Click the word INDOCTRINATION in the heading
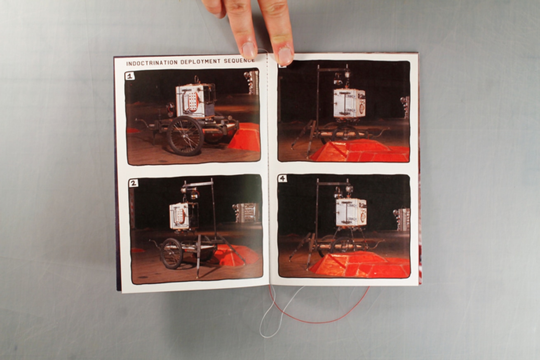coord(152,63)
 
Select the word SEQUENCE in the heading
coord(239,61)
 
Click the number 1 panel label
coord(130,76)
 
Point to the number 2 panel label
coord(133,183)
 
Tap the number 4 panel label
coord(282,178)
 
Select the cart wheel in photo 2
coord(171,253)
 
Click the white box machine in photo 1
coord(195,101)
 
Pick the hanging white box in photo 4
coord(351,213)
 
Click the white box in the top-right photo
coord(349,103)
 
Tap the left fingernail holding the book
coord(249,50)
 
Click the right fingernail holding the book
coord(285,55)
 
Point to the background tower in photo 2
coord(245,213)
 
